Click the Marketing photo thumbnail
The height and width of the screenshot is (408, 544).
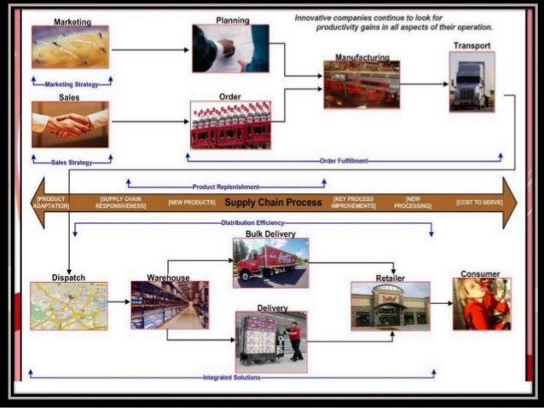70,48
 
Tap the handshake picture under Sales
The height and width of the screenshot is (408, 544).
70,124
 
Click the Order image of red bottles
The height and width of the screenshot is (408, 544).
230,125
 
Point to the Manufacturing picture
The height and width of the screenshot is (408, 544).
362,84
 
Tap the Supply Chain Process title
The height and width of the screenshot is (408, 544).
273,203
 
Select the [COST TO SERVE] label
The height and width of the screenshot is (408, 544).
479,203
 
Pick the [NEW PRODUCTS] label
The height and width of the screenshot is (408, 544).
190,203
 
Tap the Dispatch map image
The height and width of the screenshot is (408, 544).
69,306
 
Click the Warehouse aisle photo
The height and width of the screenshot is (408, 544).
170,306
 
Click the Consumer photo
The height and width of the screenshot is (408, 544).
482,304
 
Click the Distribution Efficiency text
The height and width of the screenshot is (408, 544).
253,223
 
